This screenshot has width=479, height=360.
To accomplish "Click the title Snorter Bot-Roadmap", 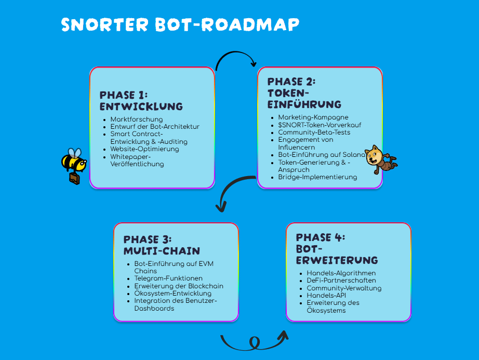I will coord(180,24).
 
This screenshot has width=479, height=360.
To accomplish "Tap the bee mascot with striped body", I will coord(73,161).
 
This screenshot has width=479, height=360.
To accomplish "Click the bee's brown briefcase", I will coord(75,179).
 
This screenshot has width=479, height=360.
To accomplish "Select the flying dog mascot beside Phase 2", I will coord(379,159).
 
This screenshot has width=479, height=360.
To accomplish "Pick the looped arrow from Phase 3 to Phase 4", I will coord(254,342).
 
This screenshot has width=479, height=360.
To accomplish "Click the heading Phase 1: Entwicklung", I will coord(141,101).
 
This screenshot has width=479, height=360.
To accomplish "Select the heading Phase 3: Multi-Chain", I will coord(161,245).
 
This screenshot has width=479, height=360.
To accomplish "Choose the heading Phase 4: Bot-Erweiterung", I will coord(337,248).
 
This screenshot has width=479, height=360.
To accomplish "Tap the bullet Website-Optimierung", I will coord(144,149).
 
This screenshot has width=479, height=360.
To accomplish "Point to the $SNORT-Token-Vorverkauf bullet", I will coord(320,125).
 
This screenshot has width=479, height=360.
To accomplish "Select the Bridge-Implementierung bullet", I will coord(317,177).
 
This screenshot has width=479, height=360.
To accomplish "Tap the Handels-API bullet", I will coord(326,295).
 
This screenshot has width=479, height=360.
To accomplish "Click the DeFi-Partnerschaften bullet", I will coord(341,281).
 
